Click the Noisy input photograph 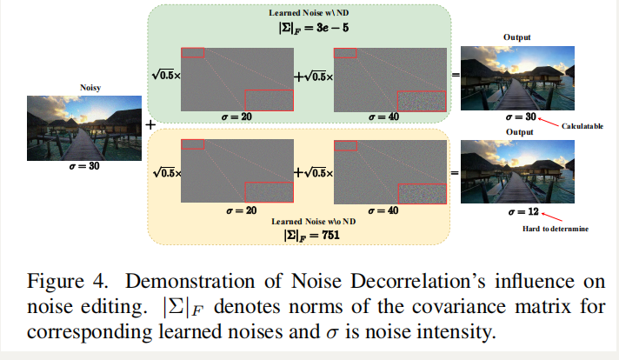pos(83,125)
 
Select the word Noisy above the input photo pos(90,87)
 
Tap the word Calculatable pos(582,126)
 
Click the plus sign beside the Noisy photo pos(150,124)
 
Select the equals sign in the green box pos(455,77)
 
